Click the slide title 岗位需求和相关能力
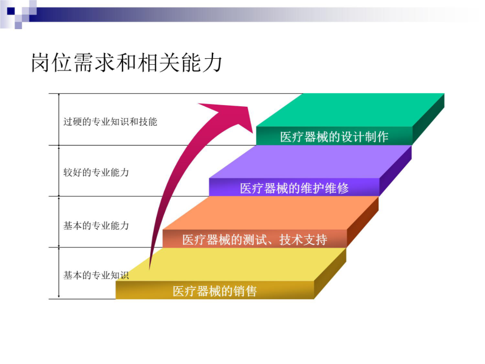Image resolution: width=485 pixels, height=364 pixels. point(127,63)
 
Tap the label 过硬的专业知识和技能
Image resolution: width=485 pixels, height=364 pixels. point(110,122)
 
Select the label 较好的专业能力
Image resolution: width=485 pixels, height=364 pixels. point(96,173)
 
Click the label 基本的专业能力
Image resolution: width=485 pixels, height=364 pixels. point(96,225)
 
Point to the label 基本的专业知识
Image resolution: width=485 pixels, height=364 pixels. point(96,275)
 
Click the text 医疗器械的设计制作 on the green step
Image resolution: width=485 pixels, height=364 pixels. point(334,137)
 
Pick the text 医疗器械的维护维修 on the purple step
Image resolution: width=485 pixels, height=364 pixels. point(294,188)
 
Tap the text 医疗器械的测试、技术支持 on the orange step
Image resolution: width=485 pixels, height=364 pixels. point(254,239)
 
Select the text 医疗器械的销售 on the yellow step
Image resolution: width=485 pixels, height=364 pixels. point(214,291)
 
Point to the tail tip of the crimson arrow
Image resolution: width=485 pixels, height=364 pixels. point(150,269)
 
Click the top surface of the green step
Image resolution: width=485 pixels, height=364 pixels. point(350,110)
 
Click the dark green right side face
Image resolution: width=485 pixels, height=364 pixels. point(428,119)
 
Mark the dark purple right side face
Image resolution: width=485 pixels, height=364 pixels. point(396,170)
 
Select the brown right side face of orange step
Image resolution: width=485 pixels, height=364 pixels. point(363,222)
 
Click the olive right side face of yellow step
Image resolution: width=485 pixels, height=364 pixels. point(330,273)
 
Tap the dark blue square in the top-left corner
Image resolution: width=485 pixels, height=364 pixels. point(11,11)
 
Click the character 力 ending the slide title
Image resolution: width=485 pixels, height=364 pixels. point(212,63)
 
